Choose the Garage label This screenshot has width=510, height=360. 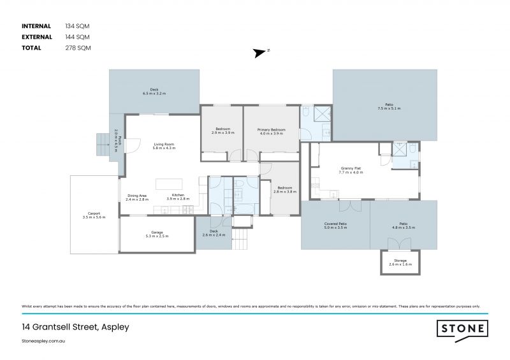(157, 234)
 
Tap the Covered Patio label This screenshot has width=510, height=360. (336, 225)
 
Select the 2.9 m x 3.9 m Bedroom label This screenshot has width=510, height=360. (223, 131)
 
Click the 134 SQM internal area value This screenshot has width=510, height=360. (78, 26)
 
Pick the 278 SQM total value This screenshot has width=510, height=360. (78, 48)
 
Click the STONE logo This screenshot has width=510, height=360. (462, 329)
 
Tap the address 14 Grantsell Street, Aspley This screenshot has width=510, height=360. (75, 327)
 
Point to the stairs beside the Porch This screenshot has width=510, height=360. (102, 145)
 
